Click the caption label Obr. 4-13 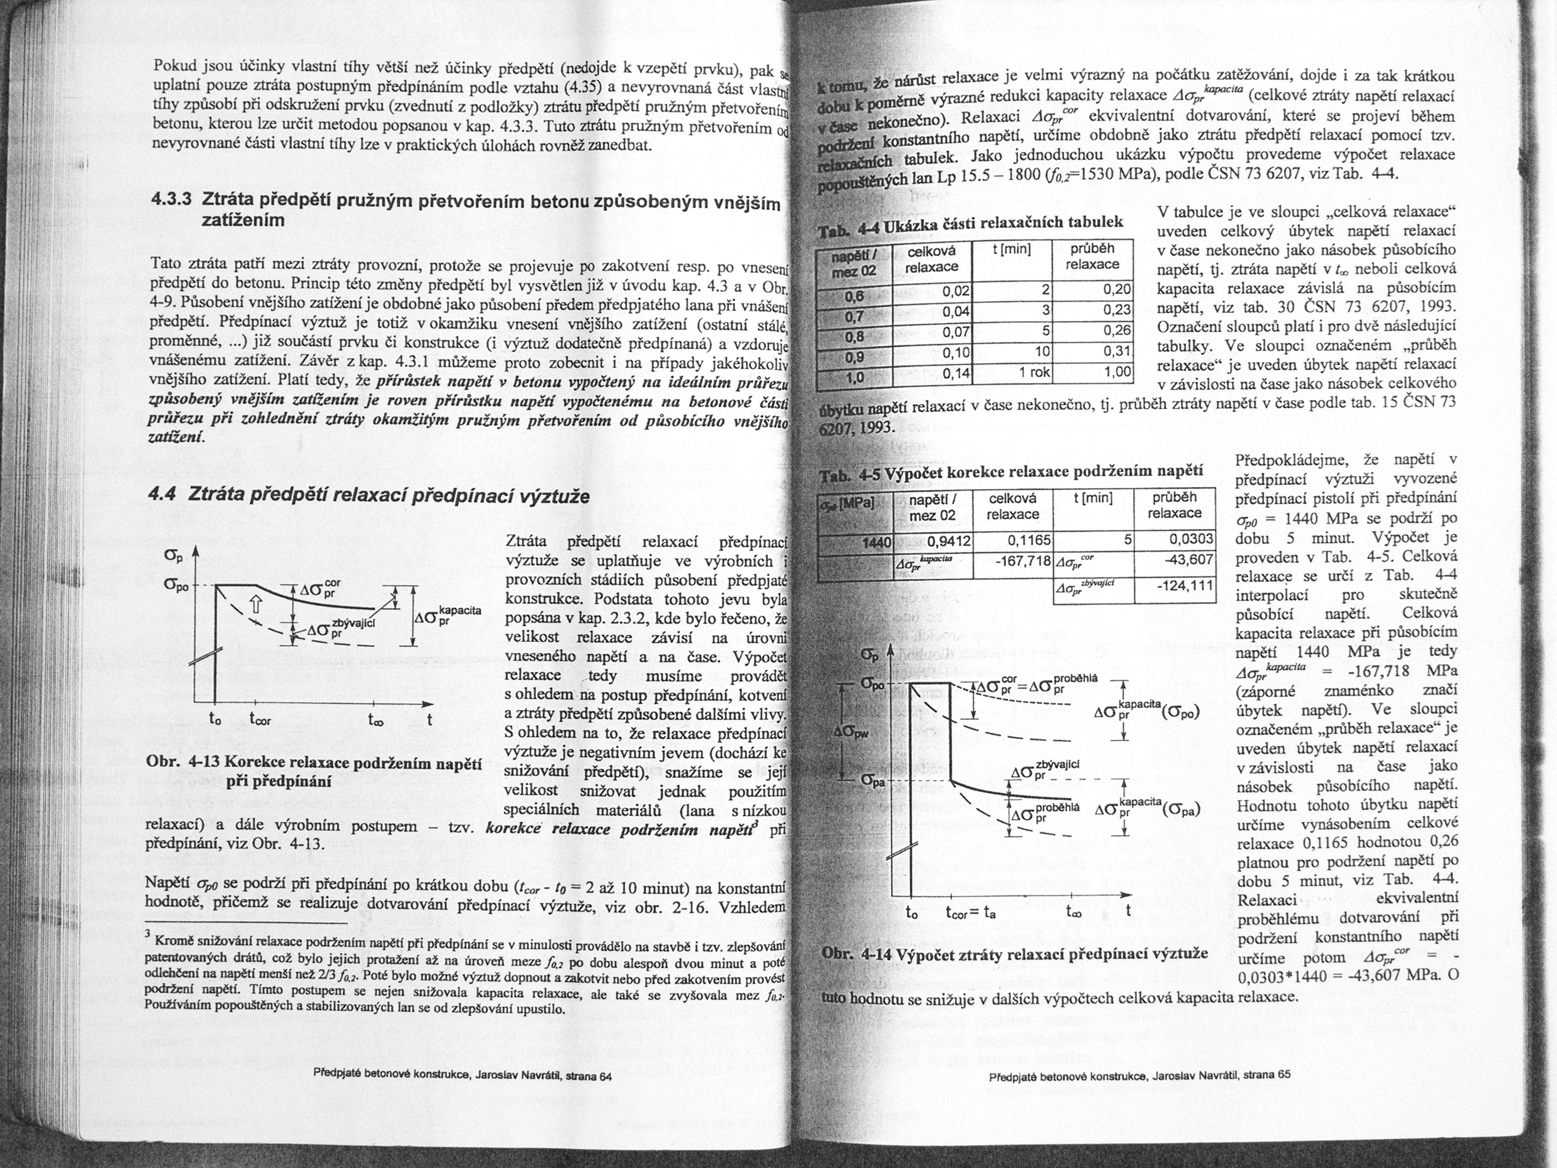click(184, 764)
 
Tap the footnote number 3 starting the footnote click(146, 937)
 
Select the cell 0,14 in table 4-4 click(955, 374)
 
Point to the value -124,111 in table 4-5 click(1186, 586)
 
